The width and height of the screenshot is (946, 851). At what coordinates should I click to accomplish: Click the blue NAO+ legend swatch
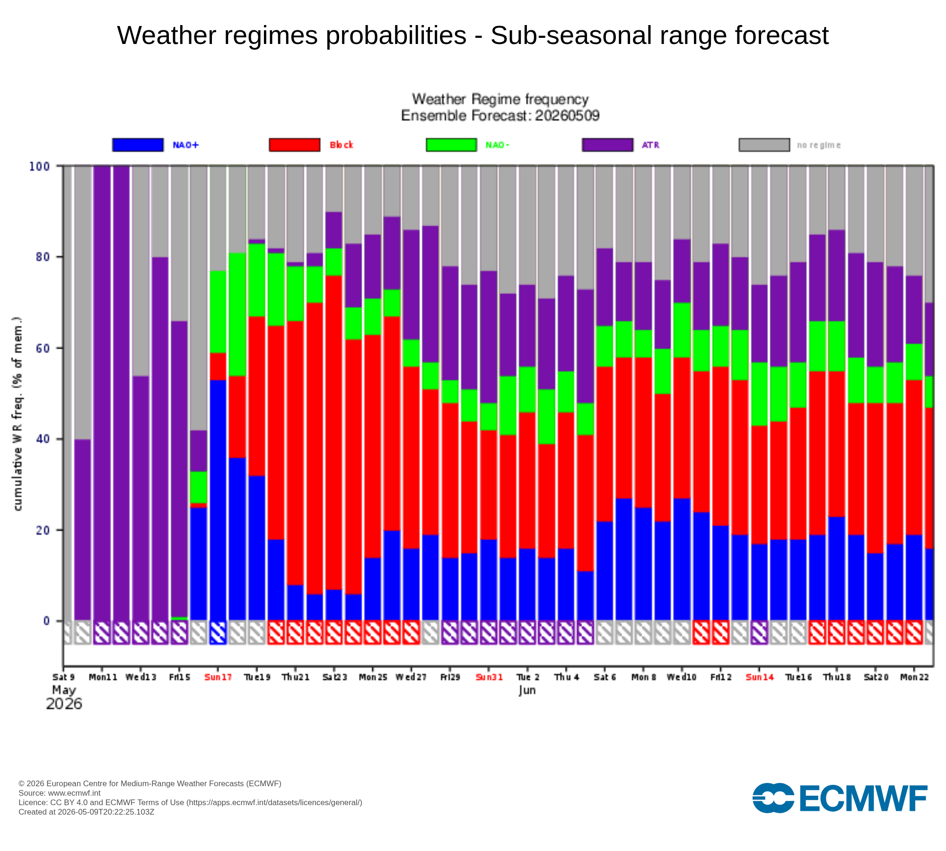138,145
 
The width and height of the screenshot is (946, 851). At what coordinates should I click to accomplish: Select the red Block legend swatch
295,145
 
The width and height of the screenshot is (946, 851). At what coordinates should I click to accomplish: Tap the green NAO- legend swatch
451,145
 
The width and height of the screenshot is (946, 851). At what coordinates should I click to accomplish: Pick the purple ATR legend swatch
608,145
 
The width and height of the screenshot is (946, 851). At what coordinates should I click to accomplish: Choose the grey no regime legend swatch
764,145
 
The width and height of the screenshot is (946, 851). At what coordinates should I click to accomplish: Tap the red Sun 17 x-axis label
218,677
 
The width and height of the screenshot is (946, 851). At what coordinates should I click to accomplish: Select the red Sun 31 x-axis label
489,677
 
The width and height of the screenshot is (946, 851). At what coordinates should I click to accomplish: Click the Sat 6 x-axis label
605,677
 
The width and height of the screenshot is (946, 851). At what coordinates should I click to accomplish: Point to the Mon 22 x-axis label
914,677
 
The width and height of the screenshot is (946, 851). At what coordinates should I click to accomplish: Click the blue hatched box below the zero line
218,632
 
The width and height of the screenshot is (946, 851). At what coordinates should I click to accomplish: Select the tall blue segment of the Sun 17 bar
218,500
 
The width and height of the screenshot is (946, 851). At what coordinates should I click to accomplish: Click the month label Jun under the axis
527,690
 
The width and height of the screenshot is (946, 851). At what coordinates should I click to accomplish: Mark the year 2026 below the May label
64,704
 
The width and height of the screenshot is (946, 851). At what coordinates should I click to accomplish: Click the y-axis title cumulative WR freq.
18,414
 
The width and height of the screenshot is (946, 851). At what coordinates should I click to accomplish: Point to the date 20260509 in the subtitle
567,115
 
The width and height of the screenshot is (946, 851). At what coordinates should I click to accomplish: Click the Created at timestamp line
87,812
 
